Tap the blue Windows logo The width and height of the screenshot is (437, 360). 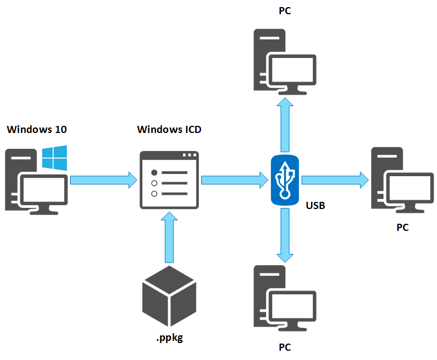(55, 158)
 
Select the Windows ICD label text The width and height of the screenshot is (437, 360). (169, 130)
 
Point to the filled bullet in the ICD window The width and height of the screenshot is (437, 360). (154, 172)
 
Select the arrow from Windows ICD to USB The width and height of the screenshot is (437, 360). (231, 179)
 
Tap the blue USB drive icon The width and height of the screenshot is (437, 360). (285, 180)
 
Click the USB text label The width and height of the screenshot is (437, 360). (315, 206)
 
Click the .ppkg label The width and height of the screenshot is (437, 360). (169, 338)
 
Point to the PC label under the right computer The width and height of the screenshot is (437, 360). (403, 227)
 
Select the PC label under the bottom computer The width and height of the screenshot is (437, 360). (285, 347)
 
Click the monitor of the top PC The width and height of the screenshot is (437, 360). (294, 71)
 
